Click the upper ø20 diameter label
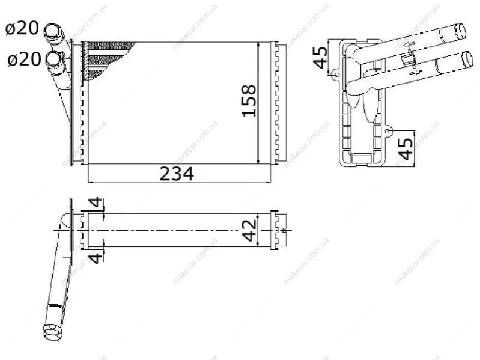pos(22,28)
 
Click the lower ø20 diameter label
pos(24,59)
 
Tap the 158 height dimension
pos(249,101)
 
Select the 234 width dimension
pos(177,174)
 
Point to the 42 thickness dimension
pos(249,230)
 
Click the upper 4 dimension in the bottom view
pos(96,203)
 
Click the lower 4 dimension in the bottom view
pos(96,257)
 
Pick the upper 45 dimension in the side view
pos(320,57)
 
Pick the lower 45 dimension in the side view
pos(406,149)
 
